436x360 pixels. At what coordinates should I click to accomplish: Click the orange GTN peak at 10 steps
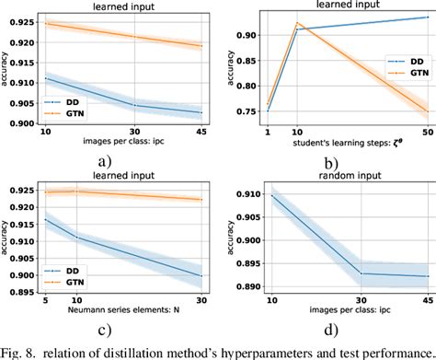click(297, 23)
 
